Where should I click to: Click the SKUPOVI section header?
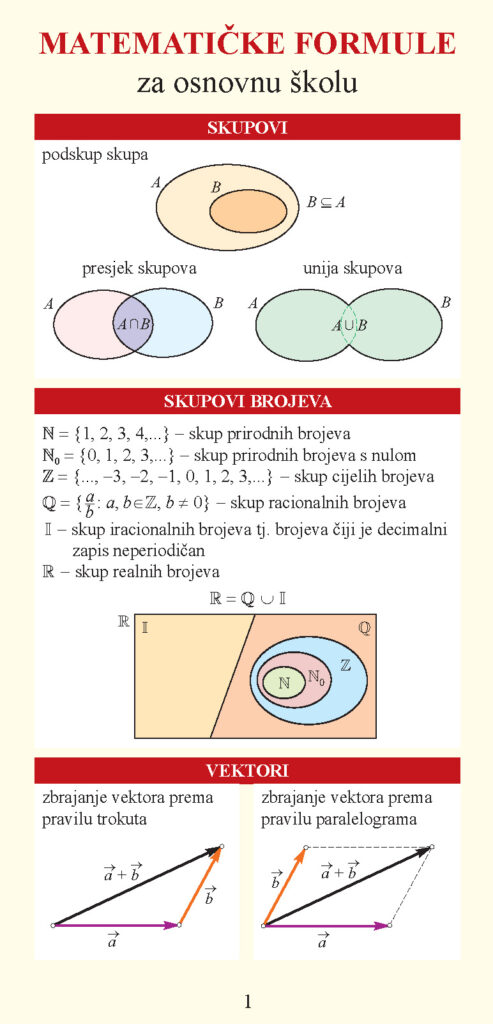click(x=247, y=128)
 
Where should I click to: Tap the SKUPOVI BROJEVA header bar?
click(x=247, y=402)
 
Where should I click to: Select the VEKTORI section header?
click(x=247, y=771)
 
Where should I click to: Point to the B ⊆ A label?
click(x=327, y=202)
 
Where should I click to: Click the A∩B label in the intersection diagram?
click(x=133, y=324)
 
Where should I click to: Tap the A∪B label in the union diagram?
click(x=348, y=324)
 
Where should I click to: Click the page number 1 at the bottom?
click(x=247, y=1001)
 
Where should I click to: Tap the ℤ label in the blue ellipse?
click(x=346, y=665)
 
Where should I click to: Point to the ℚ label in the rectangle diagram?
click(x=363, y=628)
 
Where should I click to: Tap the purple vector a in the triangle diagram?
click(x=115, y=926)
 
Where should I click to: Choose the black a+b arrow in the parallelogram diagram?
click(x=345, y=887)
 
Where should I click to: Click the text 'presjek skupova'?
click(x=139, y=269)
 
